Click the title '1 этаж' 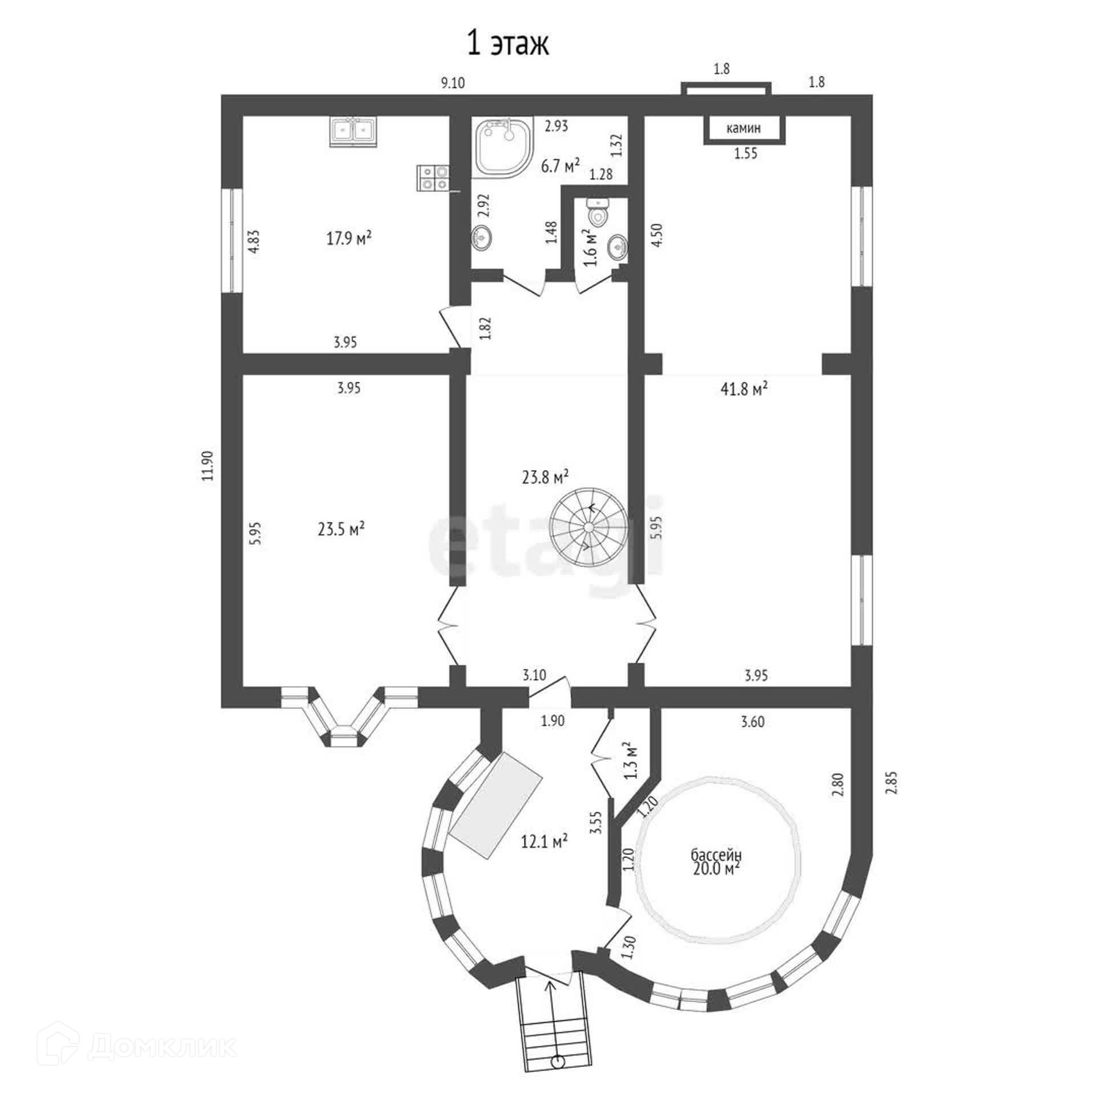point(508,44)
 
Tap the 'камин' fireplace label point(743,128)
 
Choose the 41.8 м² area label point(744,389)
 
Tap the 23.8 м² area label point(545,476)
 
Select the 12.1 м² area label point(544,841)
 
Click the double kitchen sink point(354,131)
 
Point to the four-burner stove point(434,177)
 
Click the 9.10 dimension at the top point(453,83)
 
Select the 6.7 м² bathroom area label point(560,167)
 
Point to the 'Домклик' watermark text point(162,1046)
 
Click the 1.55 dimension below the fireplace point(745,153)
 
